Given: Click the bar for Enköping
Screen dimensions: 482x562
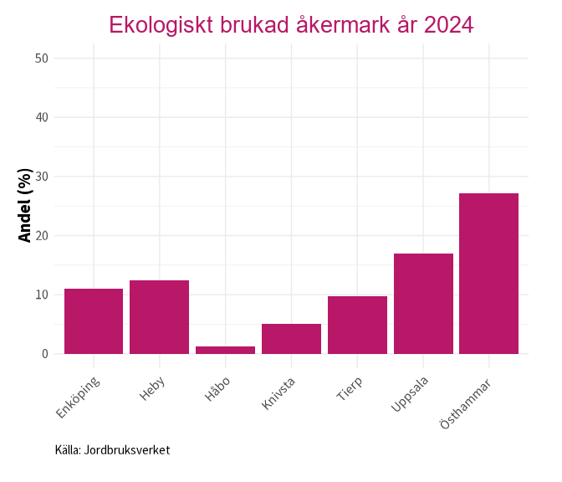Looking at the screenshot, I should tap(94, 321).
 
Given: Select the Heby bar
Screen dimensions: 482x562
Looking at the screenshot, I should tap(159, 317).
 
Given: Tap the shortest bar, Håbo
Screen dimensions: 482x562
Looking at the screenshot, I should tap(225, 350).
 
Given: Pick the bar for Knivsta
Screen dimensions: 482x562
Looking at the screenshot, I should tap(291, 339).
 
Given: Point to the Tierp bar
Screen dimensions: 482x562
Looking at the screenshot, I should tap(357, 325).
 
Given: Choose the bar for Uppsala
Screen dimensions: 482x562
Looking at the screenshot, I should tap(423, 304).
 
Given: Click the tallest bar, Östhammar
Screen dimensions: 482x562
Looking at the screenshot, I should tap(489, 274).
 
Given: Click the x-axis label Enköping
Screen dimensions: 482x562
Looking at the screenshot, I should tap(79, 397).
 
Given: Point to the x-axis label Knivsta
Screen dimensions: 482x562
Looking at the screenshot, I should tap(279, 394).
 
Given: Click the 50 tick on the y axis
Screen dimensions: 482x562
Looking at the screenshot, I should tap(42, 59).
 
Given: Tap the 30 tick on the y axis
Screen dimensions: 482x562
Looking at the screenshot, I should tap(42, 177).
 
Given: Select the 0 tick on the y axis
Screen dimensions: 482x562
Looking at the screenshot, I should tap(45, 354).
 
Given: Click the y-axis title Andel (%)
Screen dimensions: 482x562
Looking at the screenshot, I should tap(25, 206).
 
